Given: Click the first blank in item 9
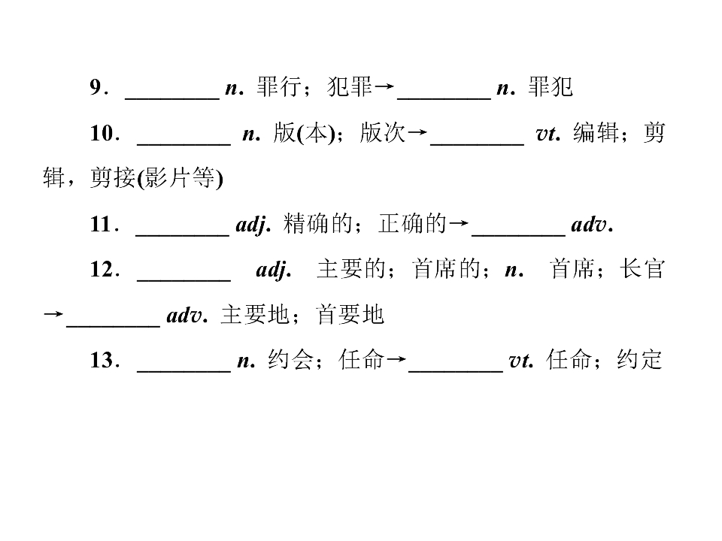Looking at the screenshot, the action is [x=172, y=98].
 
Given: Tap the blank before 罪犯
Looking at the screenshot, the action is [x=444, y=98].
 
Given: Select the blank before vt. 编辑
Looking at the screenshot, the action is [x=477, y=144].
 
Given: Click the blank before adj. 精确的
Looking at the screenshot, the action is [x=182, y=235].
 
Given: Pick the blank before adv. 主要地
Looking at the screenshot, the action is [x=114, y=326].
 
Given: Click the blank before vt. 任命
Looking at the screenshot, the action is [x=456, y=370].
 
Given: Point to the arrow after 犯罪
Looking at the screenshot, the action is [x=384, y=86].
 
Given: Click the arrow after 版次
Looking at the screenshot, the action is [x=417, y=132].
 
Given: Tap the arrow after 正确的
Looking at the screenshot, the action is [x=459, y=224].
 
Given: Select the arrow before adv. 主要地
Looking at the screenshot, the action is [x=53, y=315].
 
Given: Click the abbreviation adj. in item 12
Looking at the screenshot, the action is [x=274, y=270].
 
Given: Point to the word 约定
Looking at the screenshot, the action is [x=639, y=359].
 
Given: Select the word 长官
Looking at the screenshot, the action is [x=642, y=269].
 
